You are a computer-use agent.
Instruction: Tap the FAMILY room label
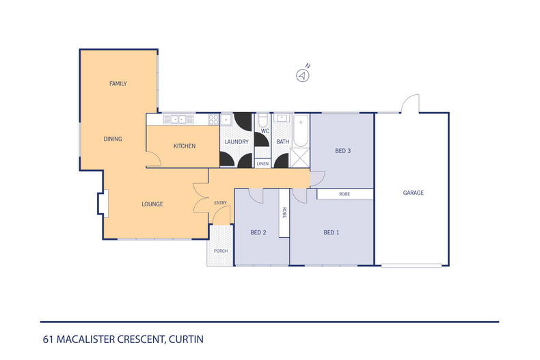[x=118, y=83]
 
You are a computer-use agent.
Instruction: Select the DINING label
[x=113, y=139]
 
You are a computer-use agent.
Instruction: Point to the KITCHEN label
[x=185, y=146]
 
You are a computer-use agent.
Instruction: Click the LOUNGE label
[x=152, y=204]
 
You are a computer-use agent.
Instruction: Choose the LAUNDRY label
[x=236, y=142]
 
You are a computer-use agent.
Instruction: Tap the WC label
[x=265, y=130]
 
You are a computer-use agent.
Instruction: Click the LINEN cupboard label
[x=262, y=164]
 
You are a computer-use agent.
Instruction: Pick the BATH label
[x=282, y=142]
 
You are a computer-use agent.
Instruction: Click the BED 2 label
[x=258, y=233]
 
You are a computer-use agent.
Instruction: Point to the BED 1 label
[x=331, y=233]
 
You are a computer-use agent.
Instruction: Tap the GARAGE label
[x=413, y=193]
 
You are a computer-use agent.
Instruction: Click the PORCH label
[x=221, y=251]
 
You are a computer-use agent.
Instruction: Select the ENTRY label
[x=220, y=203]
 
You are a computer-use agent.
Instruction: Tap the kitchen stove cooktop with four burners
[x=213, y=120]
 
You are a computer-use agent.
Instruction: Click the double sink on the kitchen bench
[x=178, y=120]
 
